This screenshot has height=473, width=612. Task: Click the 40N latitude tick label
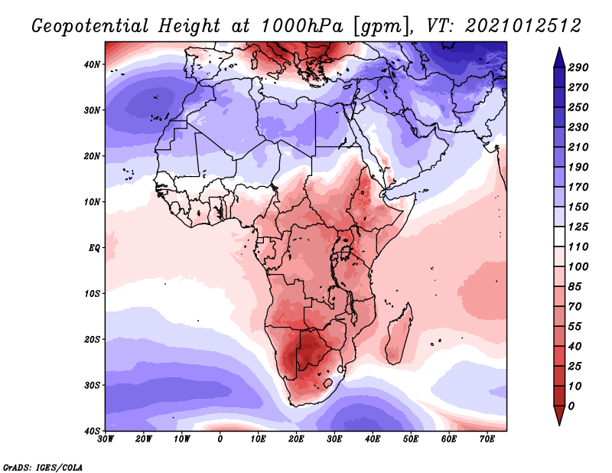click(x=92, y=64)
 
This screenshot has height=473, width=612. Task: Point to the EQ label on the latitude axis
click(x=94, y=248)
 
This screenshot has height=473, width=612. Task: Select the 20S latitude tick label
click(x=92, y=339)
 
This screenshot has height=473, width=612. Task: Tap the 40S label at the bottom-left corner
click(x=92, y=431)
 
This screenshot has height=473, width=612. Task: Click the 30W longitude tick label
click(x=106, y=439)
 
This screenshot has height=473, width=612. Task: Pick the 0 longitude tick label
click(x=220, y=439)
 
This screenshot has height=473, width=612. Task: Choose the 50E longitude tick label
click(x=411, y=439)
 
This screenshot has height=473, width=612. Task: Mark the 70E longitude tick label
click(x=487, y=439)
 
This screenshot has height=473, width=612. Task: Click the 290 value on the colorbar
click(x=578, y=67)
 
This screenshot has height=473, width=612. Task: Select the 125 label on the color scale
click(x=578, y=227)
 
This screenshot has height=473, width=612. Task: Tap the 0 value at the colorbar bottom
click(x=571, y=406)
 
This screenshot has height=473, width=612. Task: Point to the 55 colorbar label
click(x=575, y=327)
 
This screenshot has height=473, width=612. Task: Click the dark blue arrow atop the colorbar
click(x=559, y=58)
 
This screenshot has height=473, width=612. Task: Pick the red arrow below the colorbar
click(x=559, y=415)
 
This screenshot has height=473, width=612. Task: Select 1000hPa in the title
click(x=302, y=26)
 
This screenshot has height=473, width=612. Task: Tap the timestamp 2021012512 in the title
click(x=523, y=26)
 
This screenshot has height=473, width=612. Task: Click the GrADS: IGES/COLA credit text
click(x=43, y=467)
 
